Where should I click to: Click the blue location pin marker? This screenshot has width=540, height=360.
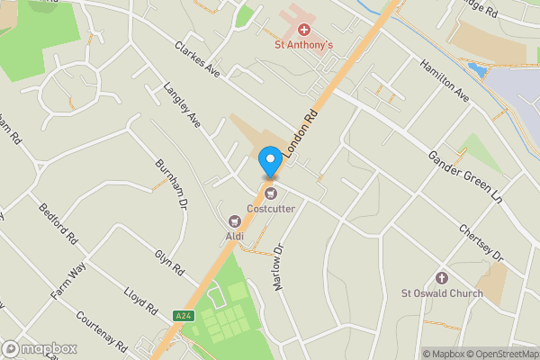269,161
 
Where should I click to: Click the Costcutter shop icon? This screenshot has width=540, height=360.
271,193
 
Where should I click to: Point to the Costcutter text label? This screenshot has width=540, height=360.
271,209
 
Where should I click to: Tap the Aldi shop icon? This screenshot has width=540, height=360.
236,220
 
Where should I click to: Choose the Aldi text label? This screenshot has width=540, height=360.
235,237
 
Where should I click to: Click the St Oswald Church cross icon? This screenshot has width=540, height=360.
441,277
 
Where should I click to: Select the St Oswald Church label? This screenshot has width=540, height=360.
441,292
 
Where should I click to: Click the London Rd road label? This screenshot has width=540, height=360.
301,132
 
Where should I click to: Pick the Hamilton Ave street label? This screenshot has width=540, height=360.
445,80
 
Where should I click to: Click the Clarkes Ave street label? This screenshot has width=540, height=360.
198,56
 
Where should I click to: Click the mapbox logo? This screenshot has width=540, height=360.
40,348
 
